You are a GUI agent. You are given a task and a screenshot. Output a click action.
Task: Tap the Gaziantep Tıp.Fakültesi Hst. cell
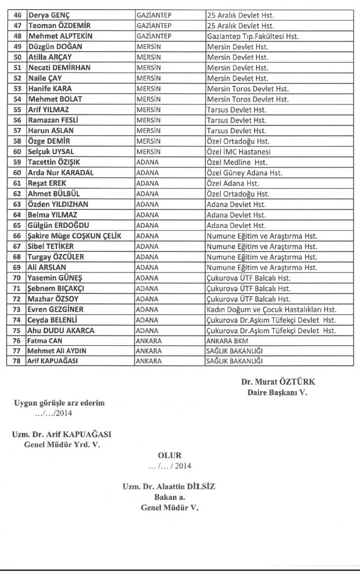(x=253, y=37)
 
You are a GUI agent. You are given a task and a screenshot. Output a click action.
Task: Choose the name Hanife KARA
(x=49, y=89)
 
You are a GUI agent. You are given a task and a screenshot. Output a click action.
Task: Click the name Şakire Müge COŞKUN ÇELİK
(x=74, y=236)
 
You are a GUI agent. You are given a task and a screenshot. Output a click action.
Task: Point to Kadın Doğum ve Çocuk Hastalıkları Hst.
(x=271, y=310)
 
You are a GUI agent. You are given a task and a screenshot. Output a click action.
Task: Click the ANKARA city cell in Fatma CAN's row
(x=149, y=341)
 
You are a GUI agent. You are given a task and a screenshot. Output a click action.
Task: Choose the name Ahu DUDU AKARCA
(x=61, y=331)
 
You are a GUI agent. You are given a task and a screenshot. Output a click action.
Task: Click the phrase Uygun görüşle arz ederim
(x=60, y=403)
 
